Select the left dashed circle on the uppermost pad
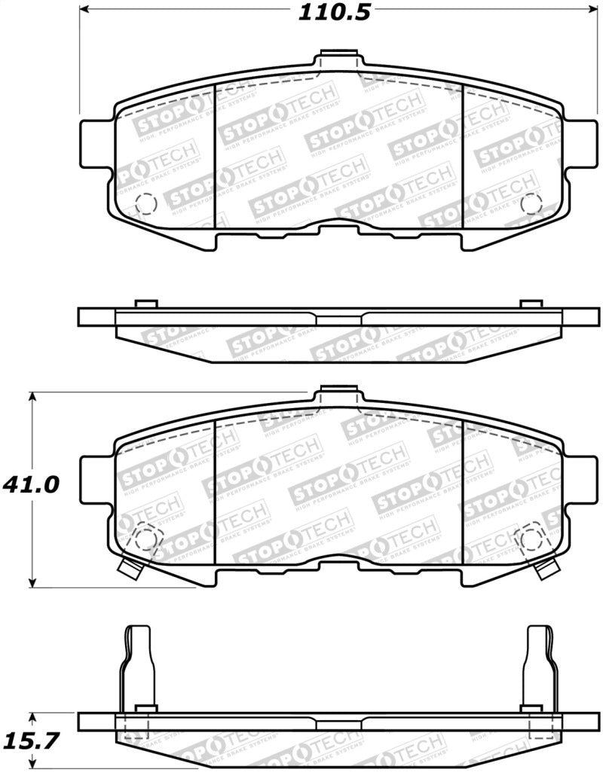(x=145, y=203)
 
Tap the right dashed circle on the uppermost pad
(x=531, y=203)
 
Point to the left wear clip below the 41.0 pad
(x=131, y=568)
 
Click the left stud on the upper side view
(x=145, y=304)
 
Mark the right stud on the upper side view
(x=531, y=304)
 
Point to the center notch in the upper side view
(x=338, y=321)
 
